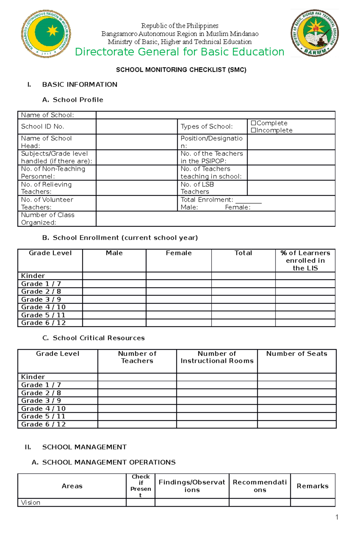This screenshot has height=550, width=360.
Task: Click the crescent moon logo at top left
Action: click(46, 33)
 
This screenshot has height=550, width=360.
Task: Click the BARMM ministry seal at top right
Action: click(314, 33)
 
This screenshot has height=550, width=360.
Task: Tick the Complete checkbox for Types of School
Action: click(253, 123)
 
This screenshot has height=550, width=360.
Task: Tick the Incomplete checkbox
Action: click(253, 130)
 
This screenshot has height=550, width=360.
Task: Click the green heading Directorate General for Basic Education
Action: click(179, 52)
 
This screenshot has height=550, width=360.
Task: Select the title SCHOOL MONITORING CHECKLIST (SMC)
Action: click(181, 70)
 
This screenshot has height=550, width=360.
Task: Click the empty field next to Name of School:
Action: click(215, 115)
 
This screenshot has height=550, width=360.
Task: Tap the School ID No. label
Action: click(43, 126)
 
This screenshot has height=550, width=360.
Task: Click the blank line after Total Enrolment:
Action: click(248, 200)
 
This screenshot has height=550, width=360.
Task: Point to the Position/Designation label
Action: click(211, 142)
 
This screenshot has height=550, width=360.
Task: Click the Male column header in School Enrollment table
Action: click(114, 253)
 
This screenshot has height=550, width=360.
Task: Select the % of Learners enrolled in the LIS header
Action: click(305, 260)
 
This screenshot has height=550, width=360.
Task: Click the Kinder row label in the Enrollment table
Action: click(33, 276)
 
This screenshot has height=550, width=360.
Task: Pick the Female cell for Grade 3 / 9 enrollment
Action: click(178, 299)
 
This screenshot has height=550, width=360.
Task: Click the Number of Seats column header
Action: click(296, 354)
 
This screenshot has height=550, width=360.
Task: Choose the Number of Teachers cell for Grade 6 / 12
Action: click(137, 424)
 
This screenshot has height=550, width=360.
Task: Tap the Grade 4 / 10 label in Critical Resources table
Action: click(43, 409)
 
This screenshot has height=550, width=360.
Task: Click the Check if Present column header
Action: click(140, 486)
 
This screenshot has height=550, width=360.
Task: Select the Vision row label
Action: click(31, 502)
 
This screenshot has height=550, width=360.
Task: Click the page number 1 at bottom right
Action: click(337, 517)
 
